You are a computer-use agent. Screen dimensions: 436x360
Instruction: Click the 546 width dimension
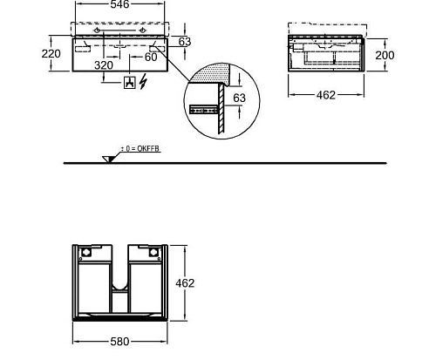pos(119,4)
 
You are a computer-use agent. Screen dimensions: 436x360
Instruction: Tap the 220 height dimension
pos(51,54)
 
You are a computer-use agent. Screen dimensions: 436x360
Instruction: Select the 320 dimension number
pos(104,65)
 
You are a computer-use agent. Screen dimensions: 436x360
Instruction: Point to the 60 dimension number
pos(151,57)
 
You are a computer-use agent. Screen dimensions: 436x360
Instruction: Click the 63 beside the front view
pos(185,42)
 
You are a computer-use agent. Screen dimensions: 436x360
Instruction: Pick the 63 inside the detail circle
pos(240,98)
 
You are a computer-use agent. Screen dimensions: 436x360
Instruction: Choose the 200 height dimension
pos(385,55)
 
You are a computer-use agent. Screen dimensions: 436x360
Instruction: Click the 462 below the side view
pos(326,95)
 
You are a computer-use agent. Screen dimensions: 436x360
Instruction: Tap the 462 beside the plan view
pos(185,283)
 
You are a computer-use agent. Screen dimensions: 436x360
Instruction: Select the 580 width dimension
pos(119,342)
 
